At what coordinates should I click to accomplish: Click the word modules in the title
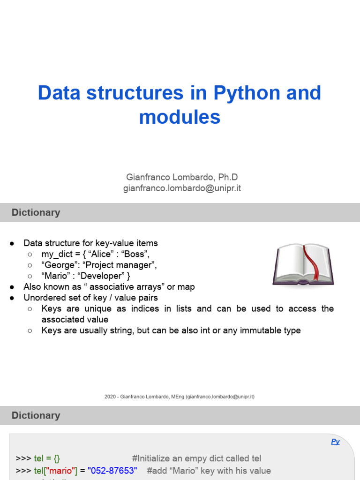pos(180,117)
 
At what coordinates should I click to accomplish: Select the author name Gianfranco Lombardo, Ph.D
pos(182,177)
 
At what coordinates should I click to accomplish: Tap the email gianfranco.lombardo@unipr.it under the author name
pos(182,188)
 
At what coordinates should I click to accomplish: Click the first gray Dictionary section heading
pos(36,212)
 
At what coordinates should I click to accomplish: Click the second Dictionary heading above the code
pos(36,415)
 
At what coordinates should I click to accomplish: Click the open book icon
pos(303,264)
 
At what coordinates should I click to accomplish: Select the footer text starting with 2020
pos(180,397)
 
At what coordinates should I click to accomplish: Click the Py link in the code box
pos(335,442)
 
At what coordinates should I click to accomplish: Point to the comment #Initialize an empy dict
pos(197,458)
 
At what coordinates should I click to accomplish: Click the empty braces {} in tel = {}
pos(56,458)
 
